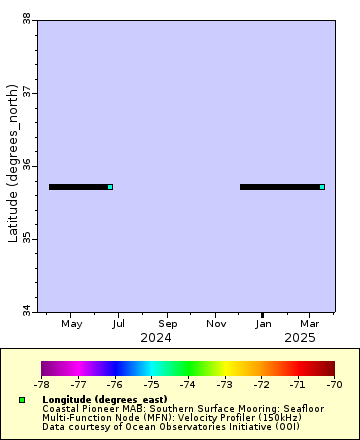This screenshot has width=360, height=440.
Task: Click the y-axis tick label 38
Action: tap(26, 18)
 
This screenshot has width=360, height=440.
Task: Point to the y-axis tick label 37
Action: tap(26, 92)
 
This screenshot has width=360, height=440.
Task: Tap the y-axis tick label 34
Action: tap(26, 311)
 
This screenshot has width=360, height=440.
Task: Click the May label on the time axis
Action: tap(71, 324)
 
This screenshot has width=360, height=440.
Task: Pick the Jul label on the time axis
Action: tap(119, 324)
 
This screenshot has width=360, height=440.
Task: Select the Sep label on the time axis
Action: tap(167, 324)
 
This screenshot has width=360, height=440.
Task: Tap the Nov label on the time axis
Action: tap(216, 324)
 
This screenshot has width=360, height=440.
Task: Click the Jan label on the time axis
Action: tap(263, 324)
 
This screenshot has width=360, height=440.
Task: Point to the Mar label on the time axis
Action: tap(310, 324)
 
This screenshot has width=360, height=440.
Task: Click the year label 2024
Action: tap(156, 338)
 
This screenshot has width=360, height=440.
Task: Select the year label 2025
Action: tap(299, 338)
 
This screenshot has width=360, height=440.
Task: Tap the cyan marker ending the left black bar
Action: tap(110, 187)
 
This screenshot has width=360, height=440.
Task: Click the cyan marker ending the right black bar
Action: tap(322, 187)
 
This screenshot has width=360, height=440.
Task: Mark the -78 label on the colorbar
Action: tap(41, 384)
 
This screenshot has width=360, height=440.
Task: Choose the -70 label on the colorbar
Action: tap(334, 384)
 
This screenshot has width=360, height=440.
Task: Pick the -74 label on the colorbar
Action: tap(188, 384)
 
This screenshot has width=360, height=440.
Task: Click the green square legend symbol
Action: tap(22, 400)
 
